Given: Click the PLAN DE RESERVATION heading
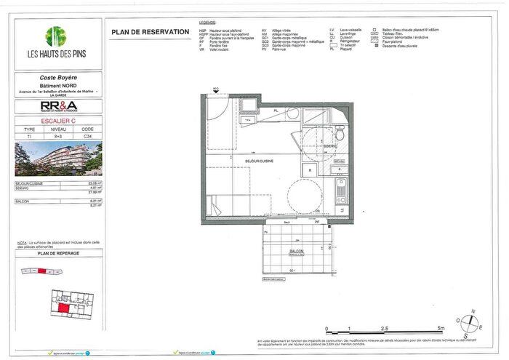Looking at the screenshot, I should (x=151, y=33).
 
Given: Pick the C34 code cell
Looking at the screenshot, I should (x=87, y=136).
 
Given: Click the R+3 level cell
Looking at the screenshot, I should (x=57, y=136).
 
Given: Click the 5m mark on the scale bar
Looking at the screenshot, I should (x=441, y=329).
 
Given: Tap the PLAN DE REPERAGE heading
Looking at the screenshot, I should (x=55, y=253).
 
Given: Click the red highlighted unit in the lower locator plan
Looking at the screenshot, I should (x=65, y=309).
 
